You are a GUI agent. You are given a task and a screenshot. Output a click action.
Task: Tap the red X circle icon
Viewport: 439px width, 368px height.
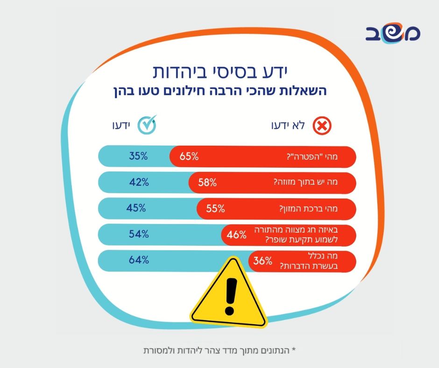pyautogui.click(x=322, y=126)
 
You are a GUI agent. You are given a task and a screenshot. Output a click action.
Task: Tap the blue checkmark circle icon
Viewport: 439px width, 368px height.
pyautogui.click(x=149, y=125)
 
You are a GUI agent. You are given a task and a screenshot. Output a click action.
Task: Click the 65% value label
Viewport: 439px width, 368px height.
pyautogui.click(x=189, y=156)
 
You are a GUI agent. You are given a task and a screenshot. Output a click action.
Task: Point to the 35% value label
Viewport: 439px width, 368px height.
pyautogui.click(x=138, y=156)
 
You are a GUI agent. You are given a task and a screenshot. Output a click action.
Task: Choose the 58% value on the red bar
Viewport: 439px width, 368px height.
pyautogui.click(x=207, y=183)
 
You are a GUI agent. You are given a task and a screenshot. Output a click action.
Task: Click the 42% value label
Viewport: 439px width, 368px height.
pyautogui.click(x=139, y=183)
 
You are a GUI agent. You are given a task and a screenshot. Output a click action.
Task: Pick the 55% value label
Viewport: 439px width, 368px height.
pyautogui.click(x=215, y=209)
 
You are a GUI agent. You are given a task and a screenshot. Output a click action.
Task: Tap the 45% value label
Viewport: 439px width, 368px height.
pyautogui.click(x=136, y=208)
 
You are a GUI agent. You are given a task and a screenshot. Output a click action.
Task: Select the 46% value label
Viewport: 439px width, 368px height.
pyautogui.click(x=236, y=235)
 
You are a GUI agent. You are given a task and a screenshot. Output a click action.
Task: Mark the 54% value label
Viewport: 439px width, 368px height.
pyautogui.click(x=139, y=234)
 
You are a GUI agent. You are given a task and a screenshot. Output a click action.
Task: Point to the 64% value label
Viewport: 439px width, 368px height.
pyautogui.click(x=138, y=261)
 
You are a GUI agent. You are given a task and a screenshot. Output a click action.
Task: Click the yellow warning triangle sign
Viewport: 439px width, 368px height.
pyautogui.click(x=229, y=293)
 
